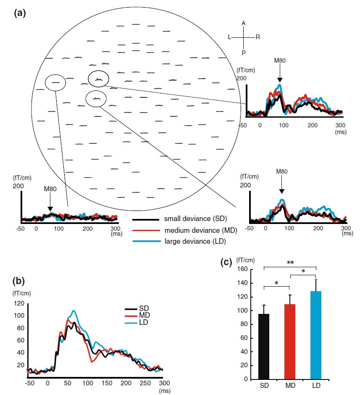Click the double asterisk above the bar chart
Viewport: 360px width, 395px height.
tap(290, 262)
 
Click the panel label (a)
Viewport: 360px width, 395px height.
tap(20, 13)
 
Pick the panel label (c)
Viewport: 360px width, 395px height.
tap(226, 262)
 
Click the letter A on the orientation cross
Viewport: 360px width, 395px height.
tap(244, 23)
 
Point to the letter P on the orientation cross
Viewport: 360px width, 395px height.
tap(244, 53)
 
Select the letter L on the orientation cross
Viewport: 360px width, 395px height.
tap(229, 37)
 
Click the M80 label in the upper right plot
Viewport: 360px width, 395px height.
tap(280, 61)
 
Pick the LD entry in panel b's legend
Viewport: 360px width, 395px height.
tap(133, 322)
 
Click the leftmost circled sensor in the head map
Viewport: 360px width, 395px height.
tap(55, 83)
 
